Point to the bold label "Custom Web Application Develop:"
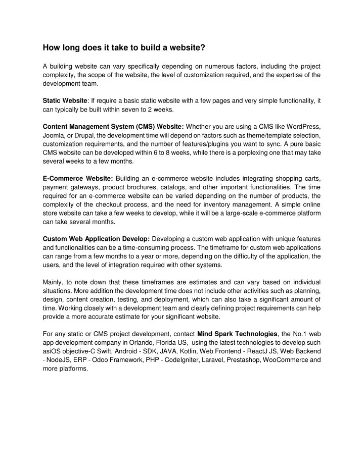tap(96, 238)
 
